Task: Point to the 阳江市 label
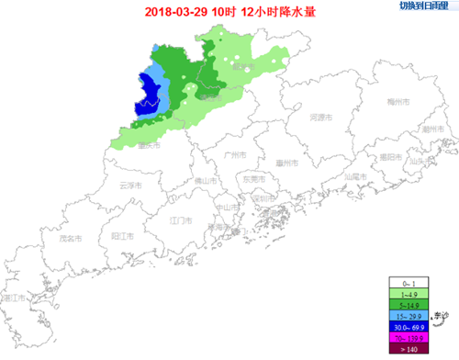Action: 123,236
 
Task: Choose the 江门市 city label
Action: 180,221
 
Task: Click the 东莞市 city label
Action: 254,180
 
